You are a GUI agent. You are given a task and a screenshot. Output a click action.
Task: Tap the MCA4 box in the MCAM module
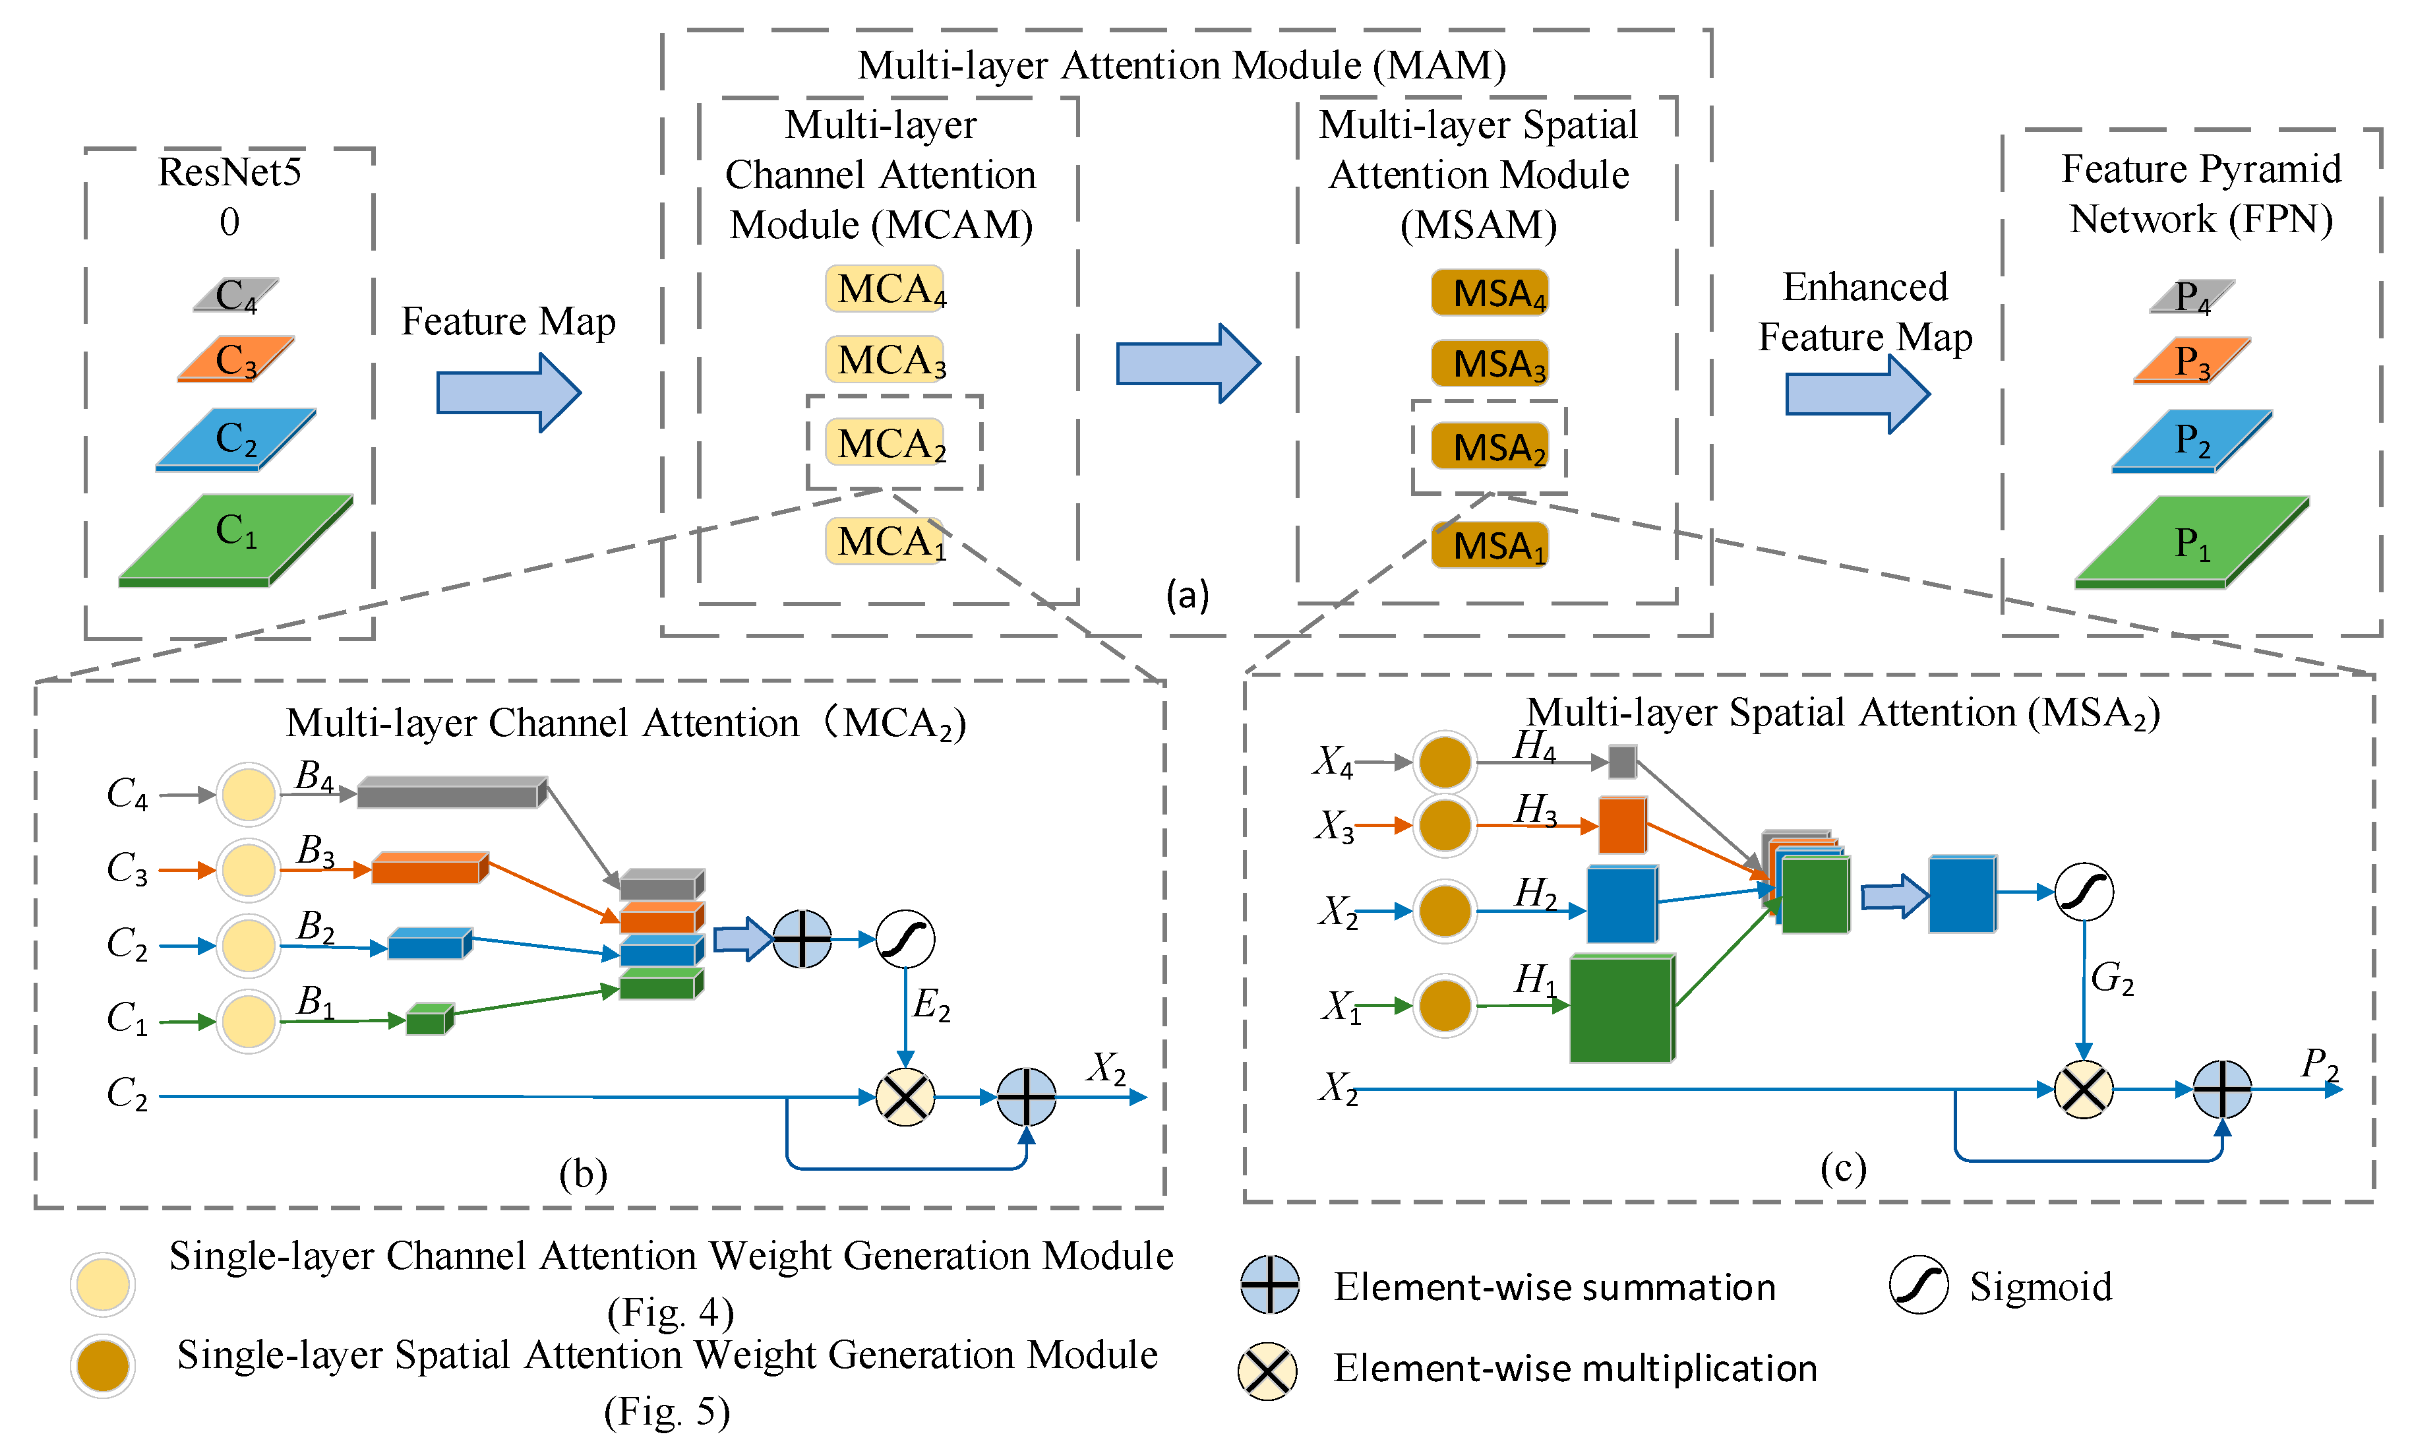point(885,289)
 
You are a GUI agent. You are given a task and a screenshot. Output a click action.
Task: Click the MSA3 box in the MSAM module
point(1489,363)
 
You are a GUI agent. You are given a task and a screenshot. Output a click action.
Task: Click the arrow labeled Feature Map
point(508,392)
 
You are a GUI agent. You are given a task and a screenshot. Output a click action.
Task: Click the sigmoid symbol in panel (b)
point(905,939)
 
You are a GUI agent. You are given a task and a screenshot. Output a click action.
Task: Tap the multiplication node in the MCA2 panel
point(905,1097)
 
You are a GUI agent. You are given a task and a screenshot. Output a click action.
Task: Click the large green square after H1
point(1621,1008)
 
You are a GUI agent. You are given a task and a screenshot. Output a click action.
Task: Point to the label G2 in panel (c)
point(2111,977)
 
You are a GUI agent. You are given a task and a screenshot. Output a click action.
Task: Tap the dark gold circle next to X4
point(1445,762)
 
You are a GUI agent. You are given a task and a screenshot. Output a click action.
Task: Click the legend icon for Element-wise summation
point(1269,1285)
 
